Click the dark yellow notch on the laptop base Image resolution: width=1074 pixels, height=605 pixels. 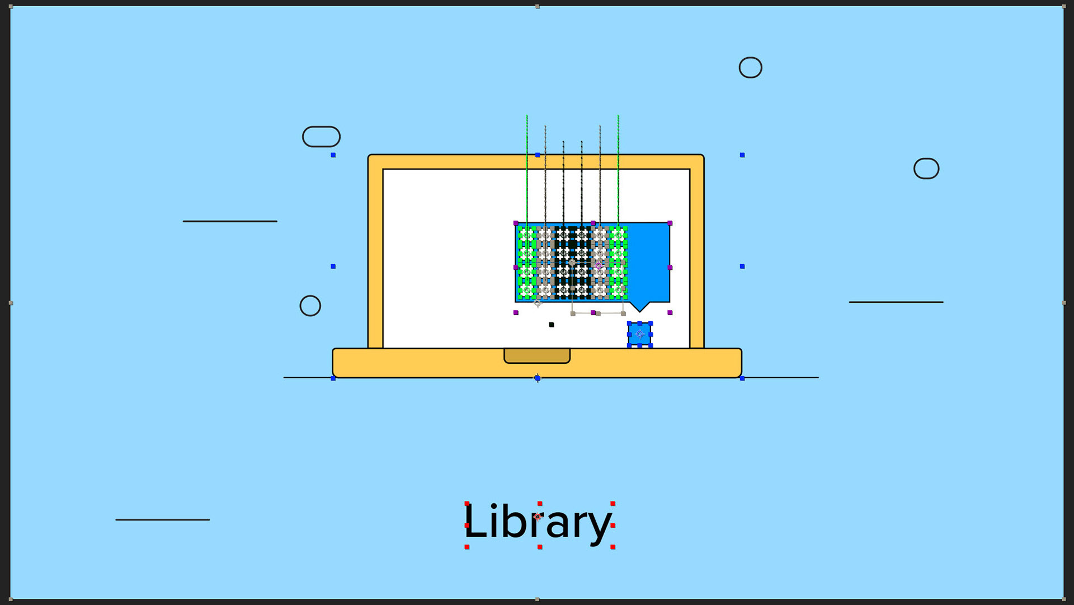point(537,356)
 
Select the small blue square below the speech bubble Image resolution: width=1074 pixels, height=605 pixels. point(639,334)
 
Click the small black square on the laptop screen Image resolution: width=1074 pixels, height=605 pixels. point(552,325)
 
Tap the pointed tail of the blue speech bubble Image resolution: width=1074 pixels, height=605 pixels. point(639,307)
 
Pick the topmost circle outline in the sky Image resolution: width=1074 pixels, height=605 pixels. point(750,68)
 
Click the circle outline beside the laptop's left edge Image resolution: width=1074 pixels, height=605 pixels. point(310,306)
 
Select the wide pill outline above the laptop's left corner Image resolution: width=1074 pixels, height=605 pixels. point(321,137)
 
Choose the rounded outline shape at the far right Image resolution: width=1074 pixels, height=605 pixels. point(926,168)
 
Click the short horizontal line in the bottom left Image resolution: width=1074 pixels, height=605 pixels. point(163,520)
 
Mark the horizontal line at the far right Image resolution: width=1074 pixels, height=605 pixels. point(896,302)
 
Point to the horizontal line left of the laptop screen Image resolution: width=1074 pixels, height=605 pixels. point(230,221)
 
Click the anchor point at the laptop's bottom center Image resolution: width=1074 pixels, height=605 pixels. point(538,378)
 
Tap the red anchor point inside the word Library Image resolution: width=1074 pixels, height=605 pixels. point(538,517)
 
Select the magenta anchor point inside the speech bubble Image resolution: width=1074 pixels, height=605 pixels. point(599,266)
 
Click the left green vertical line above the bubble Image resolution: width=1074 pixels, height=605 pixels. point(527,168)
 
